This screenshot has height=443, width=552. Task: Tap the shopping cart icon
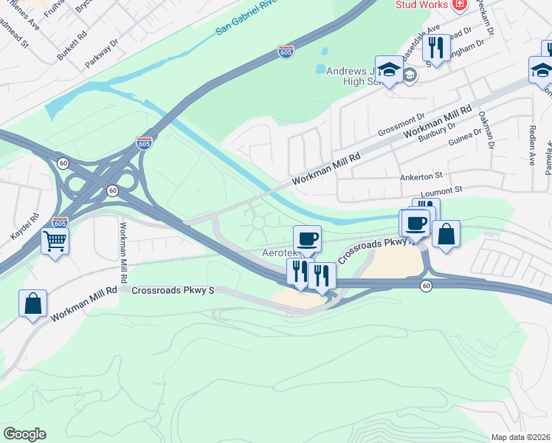tap(55, 240)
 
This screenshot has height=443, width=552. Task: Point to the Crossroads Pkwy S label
tap(173, 290)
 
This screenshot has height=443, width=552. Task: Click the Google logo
tap(24, 434)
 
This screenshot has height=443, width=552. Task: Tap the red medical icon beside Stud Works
tap(460, 4)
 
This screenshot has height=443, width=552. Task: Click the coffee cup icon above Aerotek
tap(307, 238)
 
